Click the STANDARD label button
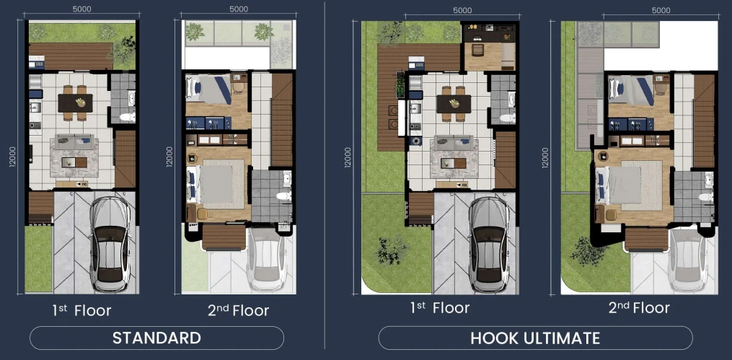(157, 338)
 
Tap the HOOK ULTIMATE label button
(535, 338)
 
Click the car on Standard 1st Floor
(110, 245)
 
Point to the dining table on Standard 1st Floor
(75, 103)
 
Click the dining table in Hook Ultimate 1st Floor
(454, 104)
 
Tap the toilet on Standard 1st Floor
(127, 116)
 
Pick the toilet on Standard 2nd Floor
(284, 196)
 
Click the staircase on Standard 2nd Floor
(281, 120)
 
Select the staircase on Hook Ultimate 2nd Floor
(704, 121)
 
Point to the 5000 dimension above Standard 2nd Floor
(239, 9)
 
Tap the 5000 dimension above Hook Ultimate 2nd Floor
(661, 10)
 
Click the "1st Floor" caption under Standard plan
(81, 310)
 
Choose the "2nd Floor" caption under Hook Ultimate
(639, 308)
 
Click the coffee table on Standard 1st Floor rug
(75, 162)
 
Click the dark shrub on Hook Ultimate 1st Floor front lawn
(391, 251)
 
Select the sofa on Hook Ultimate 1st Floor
(454, 142)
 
